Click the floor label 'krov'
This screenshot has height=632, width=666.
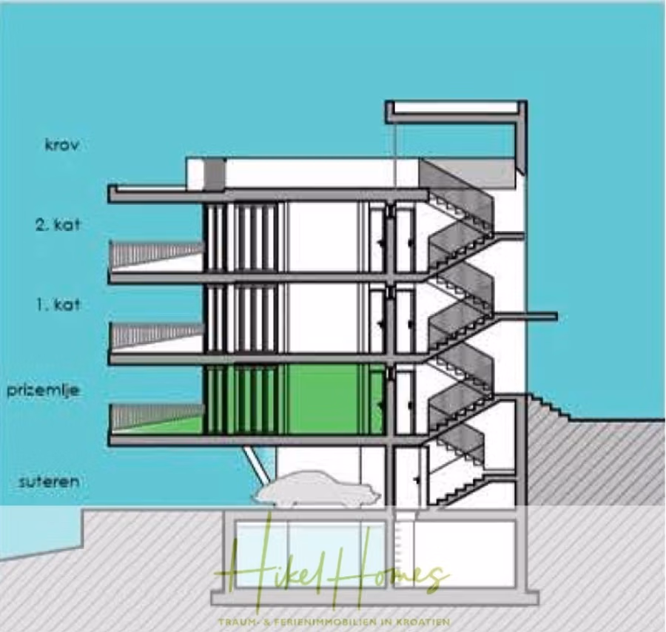pos(61,145)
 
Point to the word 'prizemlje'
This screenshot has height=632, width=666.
pos(43,390)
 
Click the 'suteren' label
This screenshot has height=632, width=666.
pos(49,482)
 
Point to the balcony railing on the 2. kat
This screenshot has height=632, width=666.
pos(155,253)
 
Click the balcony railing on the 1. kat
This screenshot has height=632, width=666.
pos(155,335)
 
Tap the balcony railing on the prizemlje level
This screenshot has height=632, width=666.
pos(155,416)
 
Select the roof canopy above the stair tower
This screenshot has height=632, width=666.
pos(455,109)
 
